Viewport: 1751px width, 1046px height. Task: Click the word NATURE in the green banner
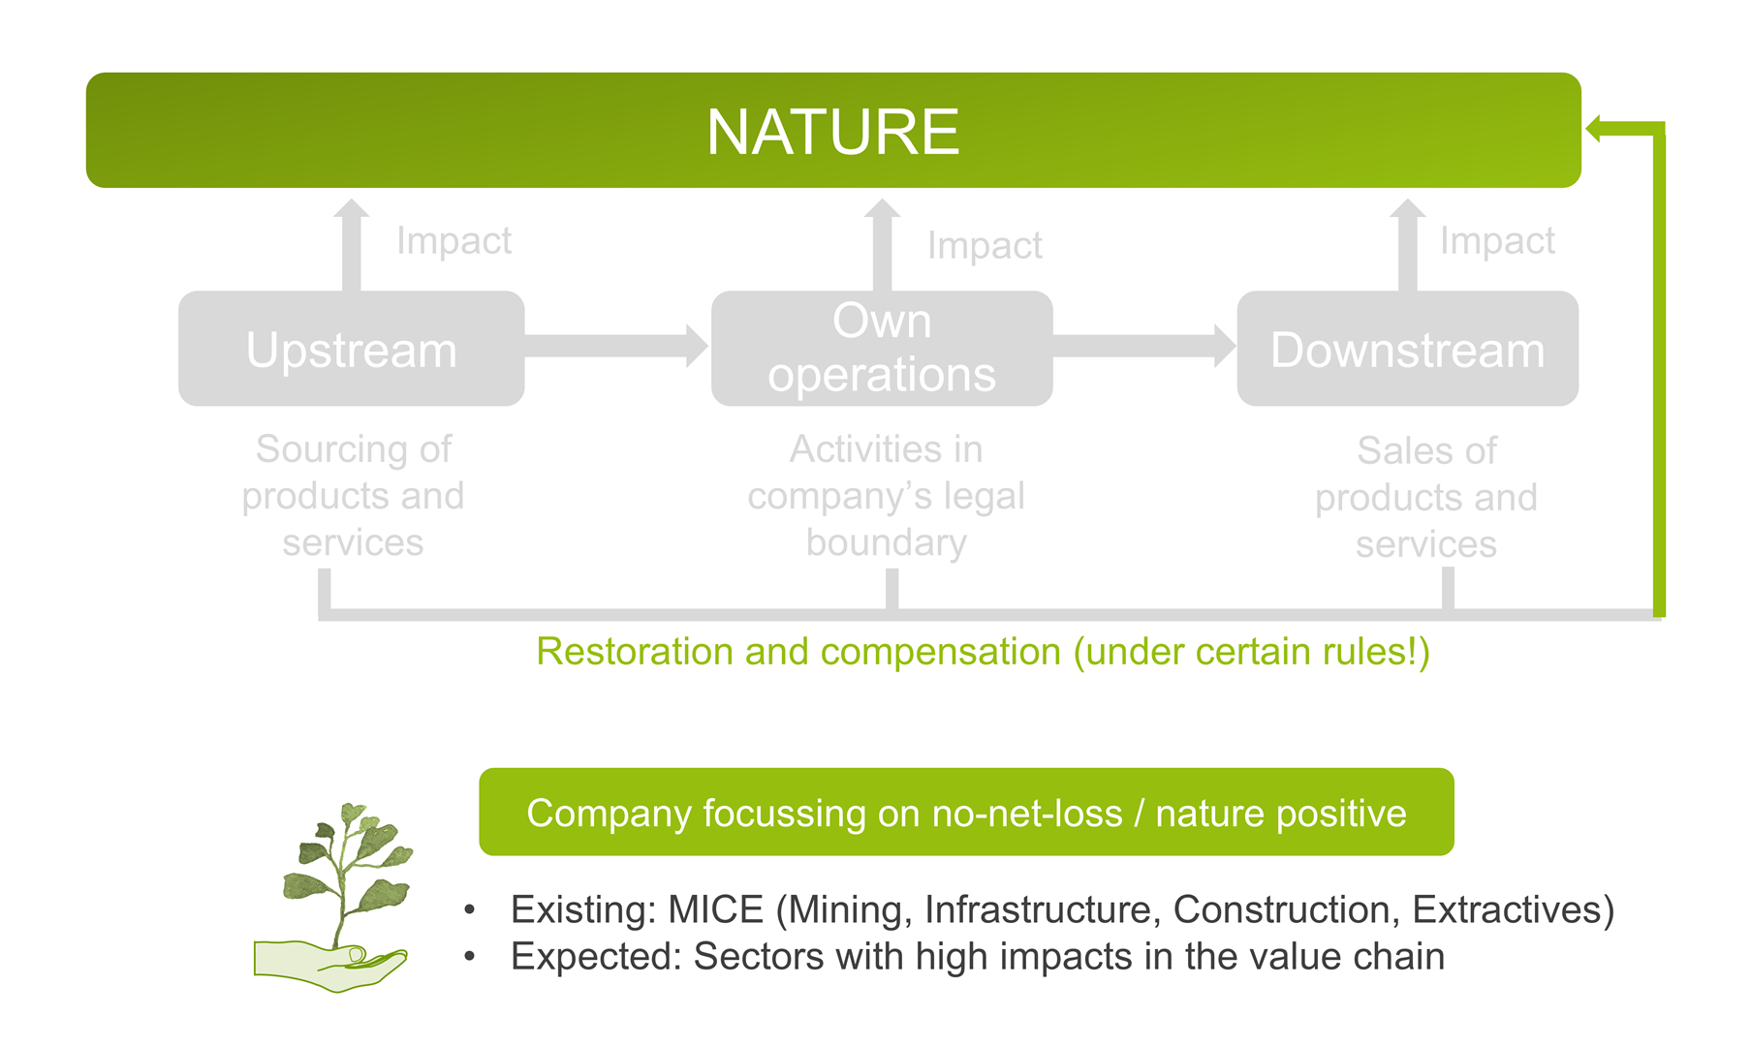(x=832, y=132)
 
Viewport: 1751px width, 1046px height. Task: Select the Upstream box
(x=351, y=349)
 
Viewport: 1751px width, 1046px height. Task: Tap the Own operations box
(x=881, y=349)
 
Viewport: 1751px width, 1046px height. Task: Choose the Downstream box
(x=1407, y=349)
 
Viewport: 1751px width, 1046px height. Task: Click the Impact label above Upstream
(x=453, y=240)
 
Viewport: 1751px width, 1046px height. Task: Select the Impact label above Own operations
(x=985, y=245)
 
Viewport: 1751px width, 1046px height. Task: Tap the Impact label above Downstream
(x=1497, y=240)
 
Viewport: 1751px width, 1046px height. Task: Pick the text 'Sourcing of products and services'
(x=353, y=496)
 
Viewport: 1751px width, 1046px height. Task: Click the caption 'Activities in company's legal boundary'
(x=886, y=496)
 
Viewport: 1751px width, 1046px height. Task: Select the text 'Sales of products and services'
(x=1426, y=498)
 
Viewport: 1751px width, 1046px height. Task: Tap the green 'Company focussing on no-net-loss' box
(x=966, y=813)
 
